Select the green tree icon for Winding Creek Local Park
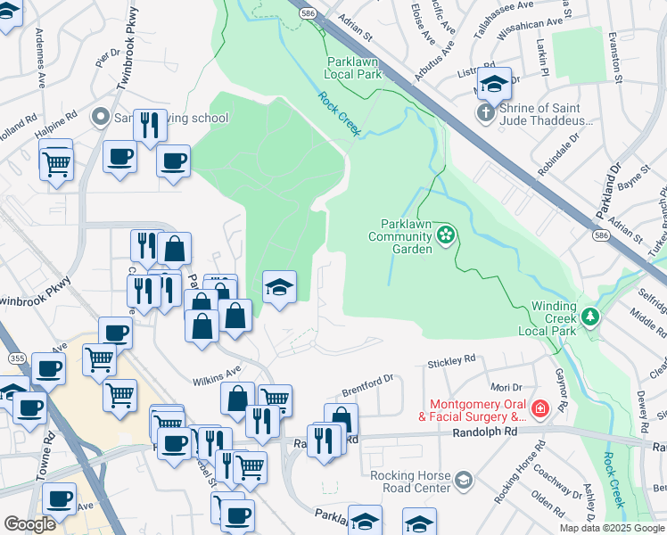(589, 316)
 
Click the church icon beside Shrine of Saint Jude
(484, 113)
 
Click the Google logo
(29, 525)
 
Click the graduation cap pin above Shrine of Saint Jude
(493, 86)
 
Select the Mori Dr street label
(505, 388)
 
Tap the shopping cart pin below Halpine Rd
(56, 163)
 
